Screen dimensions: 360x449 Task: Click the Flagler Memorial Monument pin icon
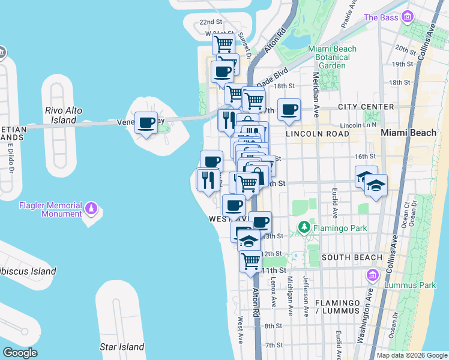pyautogui.click(x=91, y=208)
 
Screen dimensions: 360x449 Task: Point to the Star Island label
pyautogui.click(x=122, y=347)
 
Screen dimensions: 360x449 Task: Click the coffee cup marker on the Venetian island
pyautogui.click(x=146, y=123)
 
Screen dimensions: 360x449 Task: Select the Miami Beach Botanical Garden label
pyautogui.click(x=332, y=57)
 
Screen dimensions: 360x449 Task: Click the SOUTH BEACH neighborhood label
pyautogui.click(x=352, y=257)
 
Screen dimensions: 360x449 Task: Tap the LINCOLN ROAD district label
pyautogui.click(x=317, y=133)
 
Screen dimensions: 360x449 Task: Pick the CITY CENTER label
pyautogui.click(x=366, y=107)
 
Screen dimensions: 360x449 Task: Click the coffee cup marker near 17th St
pyautogui.click(x=289, y=110)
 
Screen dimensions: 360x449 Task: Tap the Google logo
pyautogui.click(x=20, y=353)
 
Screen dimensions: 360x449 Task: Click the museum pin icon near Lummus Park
pyautogui.click(x=372, y=275)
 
